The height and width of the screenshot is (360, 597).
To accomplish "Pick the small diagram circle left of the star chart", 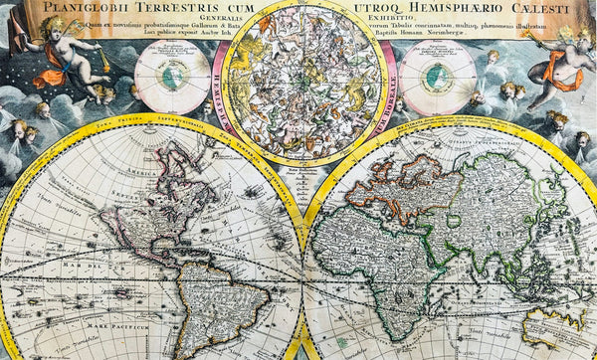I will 172,78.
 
